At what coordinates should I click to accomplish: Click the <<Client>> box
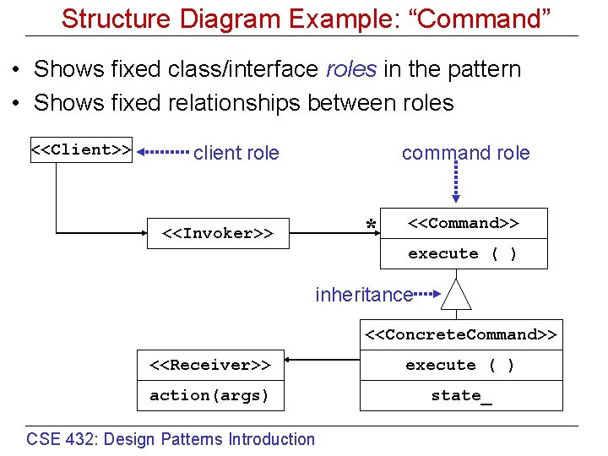pos(81,150)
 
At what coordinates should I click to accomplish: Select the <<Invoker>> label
pos(218,233)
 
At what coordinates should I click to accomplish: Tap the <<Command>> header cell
pos(464,224)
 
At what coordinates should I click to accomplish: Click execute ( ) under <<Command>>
pos(463,254)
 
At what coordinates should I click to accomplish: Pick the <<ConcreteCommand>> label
pos(461,334)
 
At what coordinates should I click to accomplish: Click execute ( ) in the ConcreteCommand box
pos(460,366)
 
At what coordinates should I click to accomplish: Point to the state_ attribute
pos(461,395)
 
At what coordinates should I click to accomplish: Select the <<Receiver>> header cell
pos(209,366)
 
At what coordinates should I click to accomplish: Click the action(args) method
pos(209,395)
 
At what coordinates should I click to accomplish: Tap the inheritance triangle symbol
pos(456,296)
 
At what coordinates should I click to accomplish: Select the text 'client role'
pos(236,153)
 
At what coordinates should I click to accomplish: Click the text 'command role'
pos(465,153)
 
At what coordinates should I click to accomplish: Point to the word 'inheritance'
pos(364,295)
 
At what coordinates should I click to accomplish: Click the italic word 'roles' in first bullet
pos(350,69)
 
